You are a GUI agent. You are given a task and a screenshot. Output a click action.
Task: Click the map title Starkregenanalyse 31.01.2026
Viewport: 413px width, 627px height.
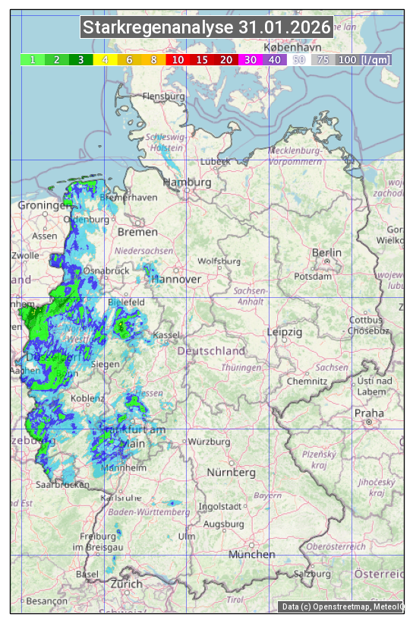(x=206, y=28)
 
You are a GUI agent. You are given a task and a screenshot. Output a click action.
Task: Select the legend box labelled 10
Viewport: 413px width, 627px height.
(x=178, y=59)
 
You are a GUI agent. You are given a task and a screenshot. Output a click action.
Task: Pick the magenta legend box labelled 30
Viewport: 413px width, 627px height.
(x=250, y=59)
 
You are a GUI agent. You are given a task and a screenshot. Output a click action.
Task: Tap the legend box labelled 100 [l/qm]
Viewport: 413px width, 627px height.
(x=353, y=59)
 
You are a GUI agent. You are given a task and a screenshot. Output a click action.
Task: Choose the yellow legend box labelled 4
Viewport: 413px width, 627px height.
(x=106, y=59)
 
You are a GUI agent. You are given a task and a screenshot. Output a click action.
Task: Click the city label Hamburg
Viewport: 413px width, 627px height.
(x=187, y=183)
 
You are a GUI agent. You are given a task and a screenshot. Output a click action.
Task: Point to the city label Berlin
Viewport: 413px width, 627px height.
(x=326, y=252)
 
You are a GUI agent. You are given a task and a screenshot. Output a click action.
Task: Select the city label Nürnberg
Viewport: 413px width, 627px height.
(x=232, y=472)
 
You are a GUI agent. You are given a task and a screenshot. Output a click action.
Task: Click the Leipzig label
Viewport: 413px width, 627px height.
(x=285, y=332)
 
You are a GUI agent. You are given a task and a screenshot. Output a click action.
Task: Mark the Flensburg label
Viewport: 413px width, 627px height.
(x=164, y=97)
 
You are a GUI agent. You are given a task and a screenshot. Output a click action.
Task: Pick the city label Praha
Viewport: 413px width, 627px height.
(x=369, y=413)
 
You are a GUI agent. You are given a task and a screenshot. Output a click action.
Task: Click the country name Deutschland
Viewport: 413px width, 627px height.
(x=211, y=351)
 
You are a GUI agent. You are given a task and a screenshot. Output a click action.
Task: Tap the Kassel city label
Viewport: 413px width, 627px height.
(x=166, y=334)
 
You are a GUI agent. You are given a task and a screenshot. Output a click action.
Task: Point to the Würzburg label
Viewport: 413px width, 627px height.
(x=208, y=442)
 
